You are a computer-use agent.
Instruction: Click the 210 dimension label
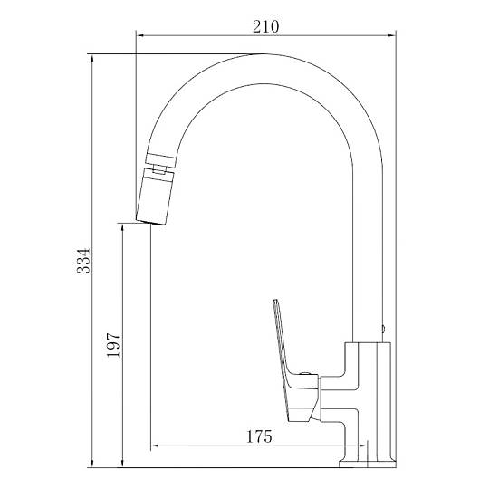[265, 27]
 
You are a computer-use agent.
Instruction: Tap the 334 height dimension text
[83, 261]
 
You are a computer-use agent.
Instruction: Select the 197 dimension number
[113, 345]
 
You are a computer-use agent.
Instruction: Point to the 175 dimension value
[259, 436]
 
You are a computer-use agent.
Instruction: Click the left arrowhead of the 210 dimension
[139, 35]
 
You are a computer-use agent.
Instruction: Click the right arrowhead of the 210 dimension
[392, 35]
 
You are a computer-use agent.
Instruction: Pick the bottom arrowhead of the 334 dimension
[92, 464]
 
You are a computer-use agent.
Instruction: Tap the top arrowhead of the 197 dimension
[122, 227]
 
